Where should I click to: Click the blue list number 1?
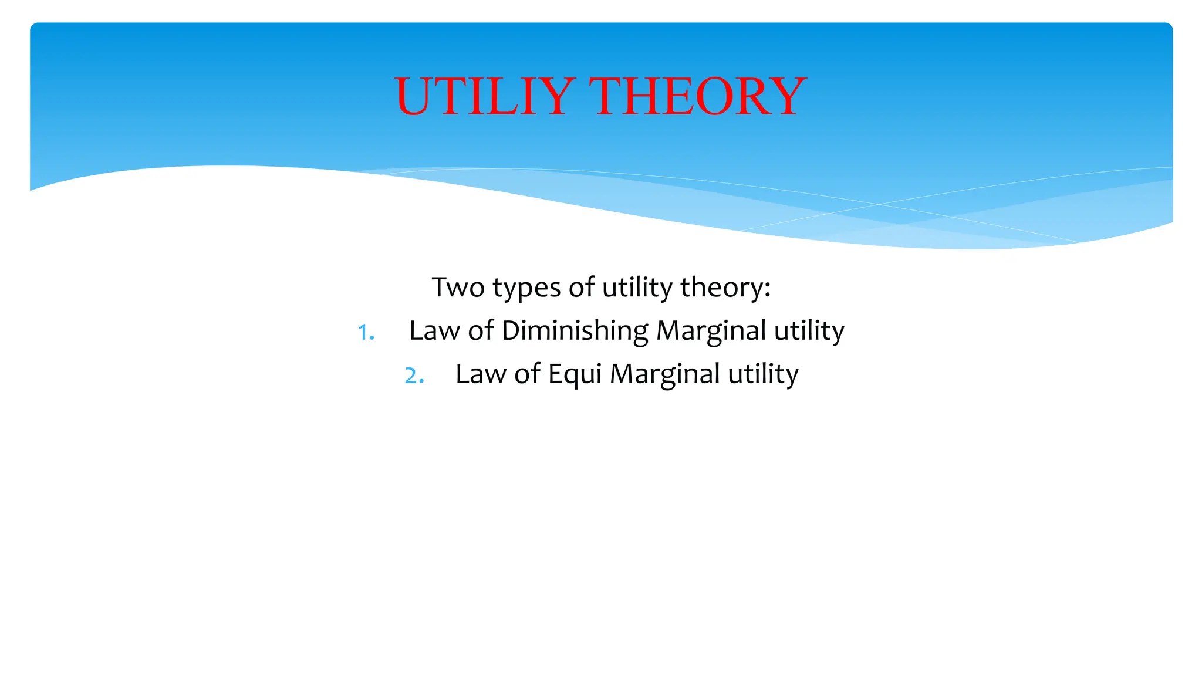(364, 333)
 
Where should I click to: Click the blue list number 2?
(413, 376)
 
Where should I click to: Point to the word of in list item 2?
(527, 374)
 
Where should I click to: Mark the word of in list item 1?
(481, 330)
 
